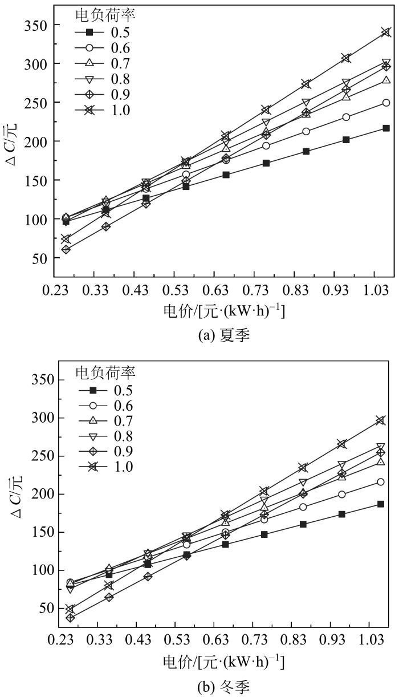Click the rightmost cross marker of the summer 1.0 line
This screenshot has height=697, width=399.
click(x=386, y=32)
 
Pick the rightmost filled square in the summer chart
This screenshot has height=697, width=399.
click(x=386, y=128)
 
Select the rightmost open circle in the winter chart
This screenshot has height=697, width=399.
click(x=381, y=482)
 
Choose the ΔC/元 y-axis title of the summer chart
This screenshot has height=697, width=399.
click(x=12, y=142)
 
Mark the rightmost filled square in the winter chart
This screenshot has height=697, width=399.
click(x=381, y=504)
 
